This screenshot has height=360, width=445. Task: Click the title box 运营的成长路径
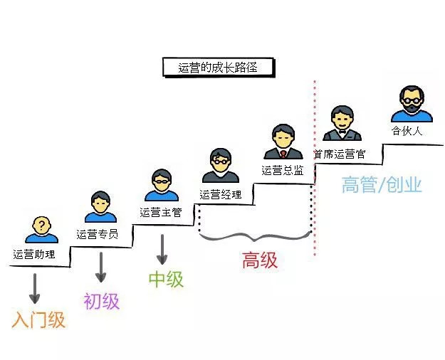[216, 68]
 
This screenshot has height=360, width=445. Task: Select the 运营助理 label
[33, 253]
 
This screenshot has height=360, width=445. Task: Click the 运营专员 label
[97, 233]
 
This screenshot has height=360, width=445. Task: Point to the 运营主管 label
[160, 211]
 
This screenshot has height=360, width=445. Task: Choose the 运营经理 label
[221, 194]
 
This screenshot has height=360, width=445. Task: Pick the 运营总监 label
[283, 170]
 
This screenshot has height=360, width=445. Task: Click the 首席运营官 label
[344, 152]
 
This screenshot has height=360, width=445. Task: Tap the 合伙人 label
[407, 131]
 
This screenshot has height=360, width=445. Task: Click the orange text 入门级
[38, 320]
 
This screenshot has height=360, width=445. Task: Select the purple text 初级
[101, 301]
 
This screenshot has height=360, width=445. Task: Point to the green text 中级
[166, 279]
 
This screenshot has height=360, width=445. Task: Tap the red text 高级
[259, 261]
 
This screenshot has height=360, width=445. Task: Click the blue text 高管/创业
[382, 186]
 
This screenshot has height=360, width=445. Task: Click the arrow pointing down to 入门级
[34, 289]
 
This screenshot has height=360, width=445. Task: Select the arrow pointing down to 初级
[100, 268]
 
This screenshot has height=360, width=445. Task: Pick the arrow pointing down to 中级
[163, 249]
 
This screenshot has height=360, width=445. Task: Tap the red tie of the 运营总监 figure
[283, 153]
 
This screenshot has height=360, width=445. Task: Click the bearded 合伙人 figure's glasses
[412, 100]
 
